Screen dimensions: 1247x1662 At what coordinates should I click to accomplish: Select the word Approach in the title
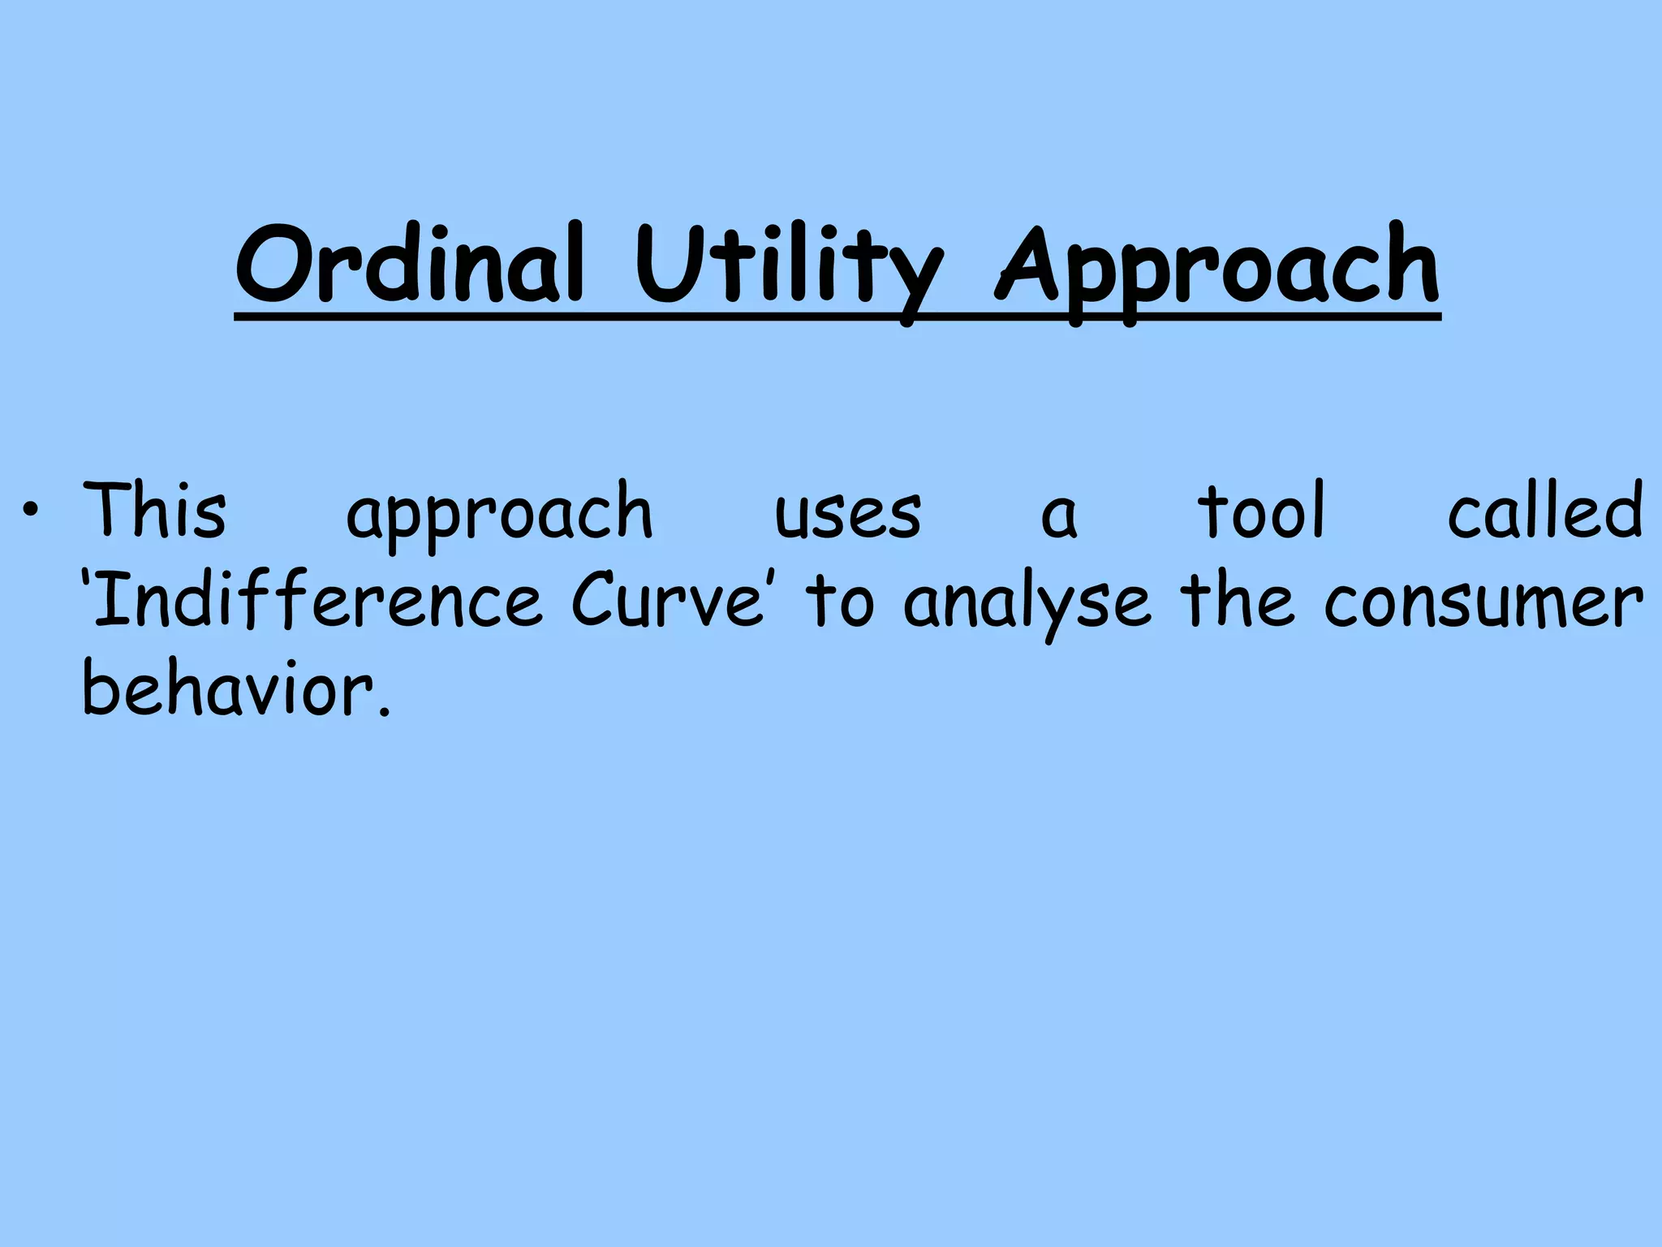1217,268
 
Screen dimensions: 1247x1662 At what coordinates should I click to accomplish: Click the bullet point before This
31,512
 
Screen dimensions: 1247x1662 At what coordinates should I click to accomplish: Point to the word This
154,511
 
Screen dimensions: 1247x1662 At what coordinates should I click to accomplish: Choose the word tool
1261,511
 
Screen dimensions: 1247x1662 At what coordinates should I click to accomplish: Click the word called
1545,511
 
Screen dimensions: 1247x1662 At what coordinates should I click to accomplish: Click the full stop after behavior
384,712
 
